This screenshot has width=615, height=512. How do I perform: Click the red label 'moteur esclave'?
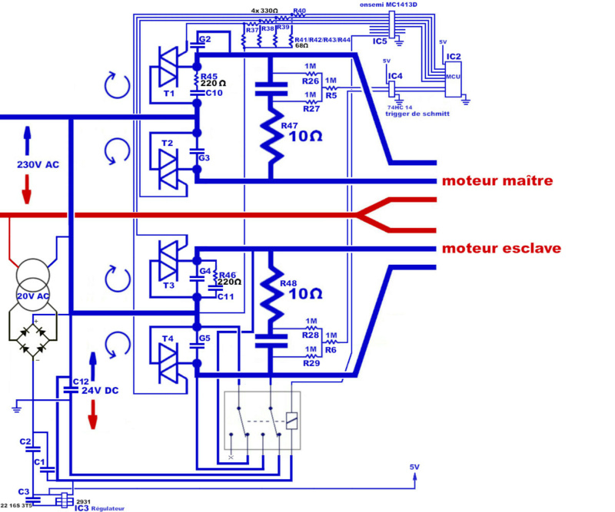500,249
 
